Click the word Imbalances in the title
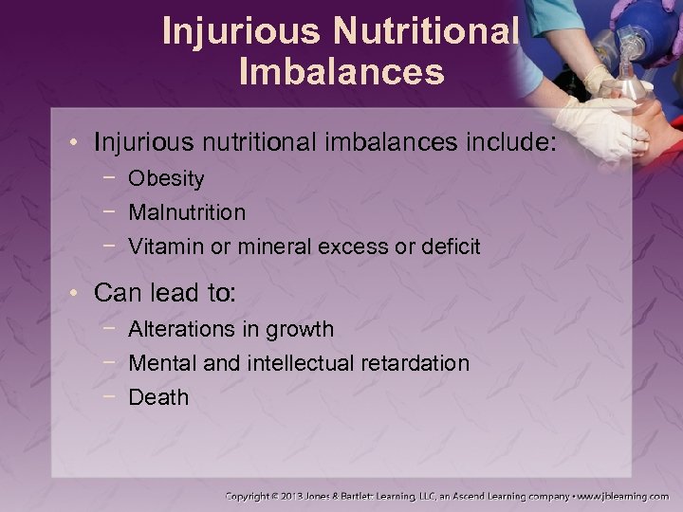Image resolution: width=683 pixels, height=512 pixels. tap(341, 72)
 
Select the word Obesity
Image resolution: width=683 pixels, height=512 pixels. tap(166, 178)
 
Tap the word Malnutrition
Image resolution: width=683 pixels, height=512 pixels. tap(187, 212)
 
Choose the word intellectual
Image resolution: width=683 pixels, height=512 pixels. tap(303, 363)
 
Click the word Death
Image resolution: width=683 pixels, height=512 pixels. tap(158, 397)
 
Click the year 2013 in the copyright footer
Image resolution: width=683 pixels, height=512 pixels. tap(296, 496)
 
